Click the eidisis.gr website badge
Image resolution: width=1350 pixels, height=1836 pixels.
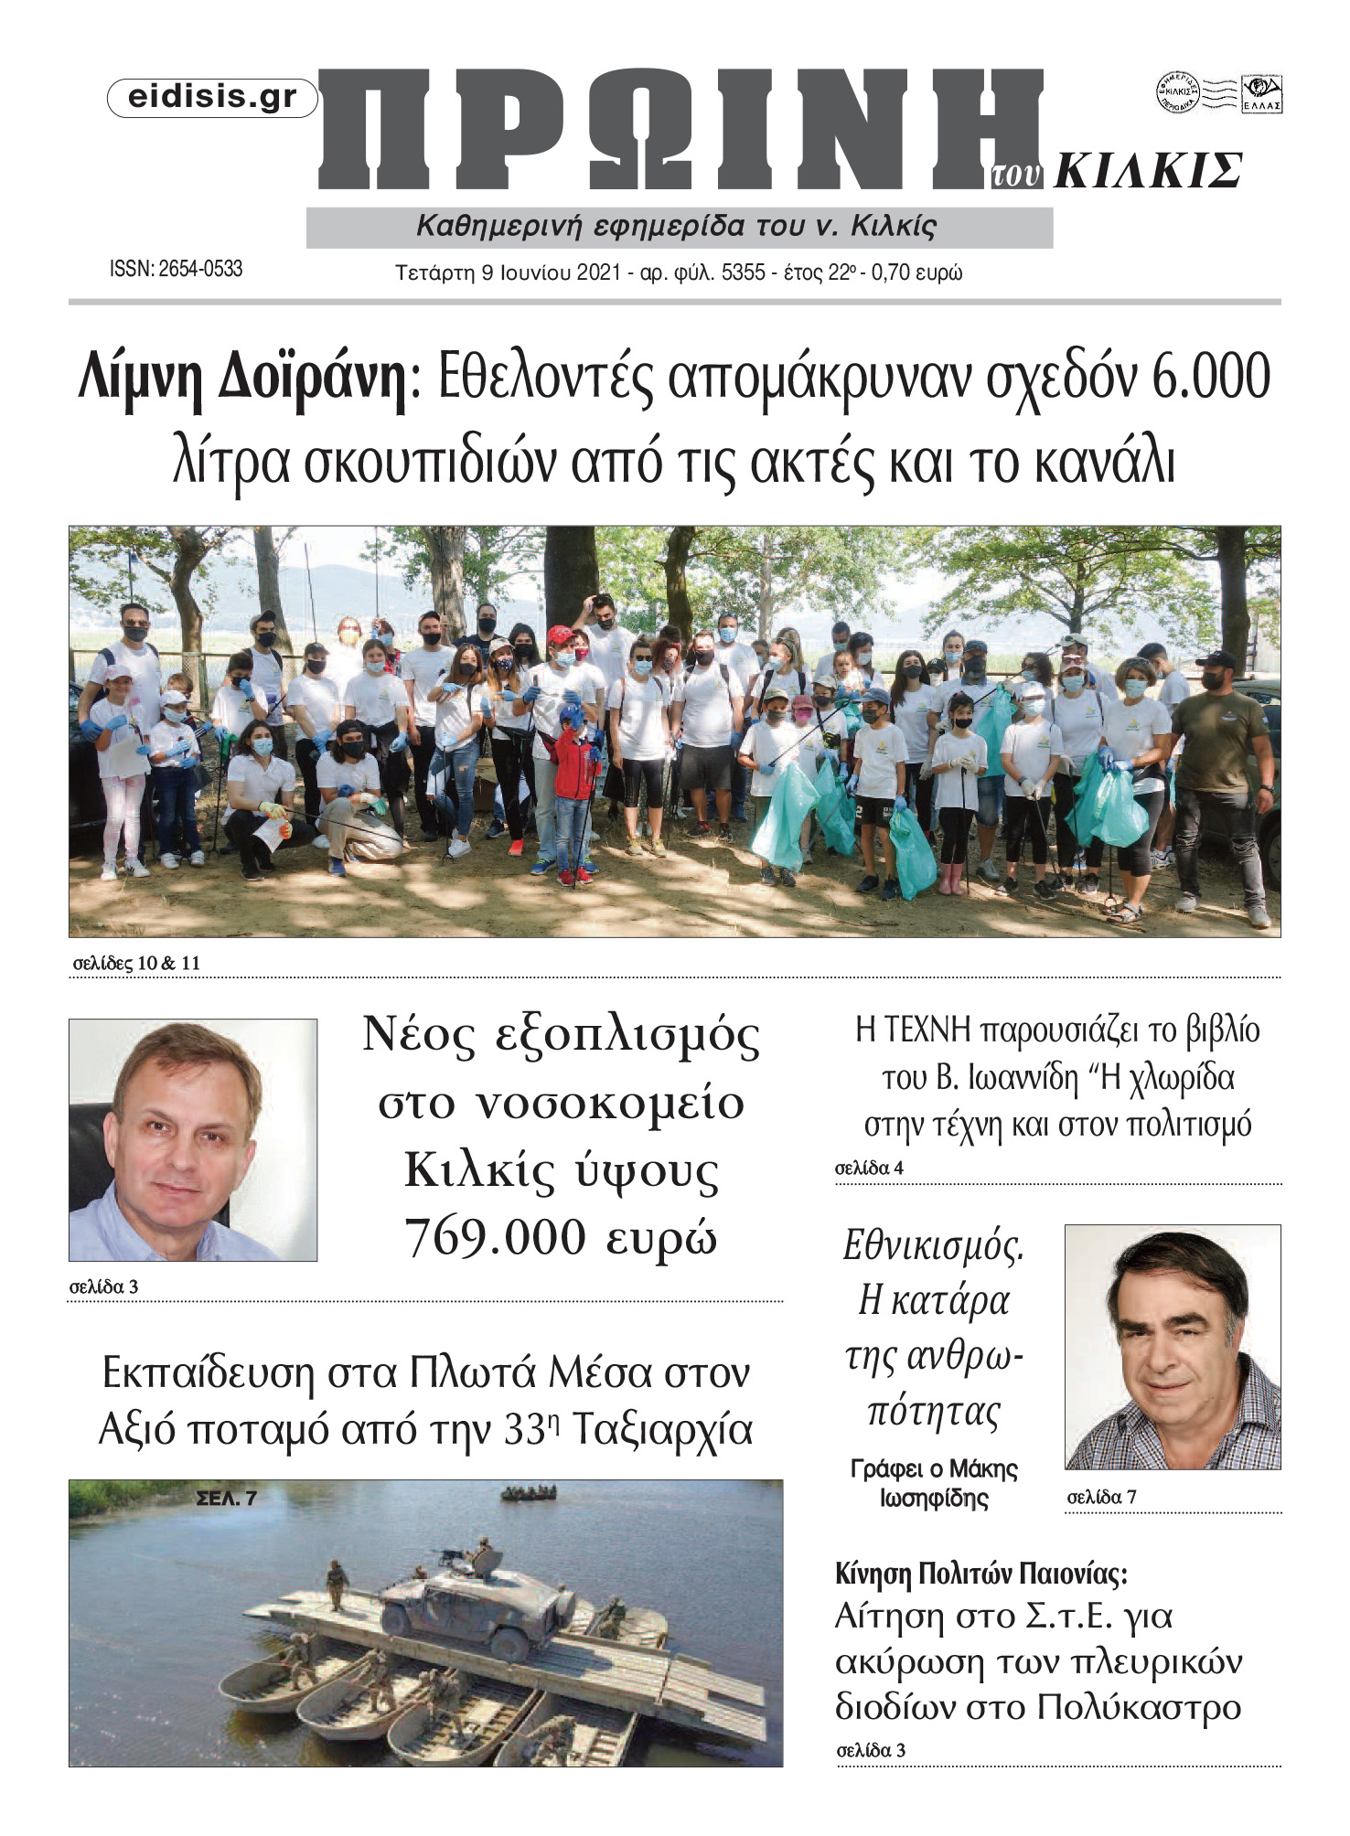click(212, 98)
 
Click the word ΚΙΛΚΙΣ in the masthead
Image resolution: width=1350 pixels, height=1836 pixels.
click(1149, 171)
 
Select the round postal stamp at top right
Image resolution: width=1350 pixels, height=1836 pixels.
click(1178, 92)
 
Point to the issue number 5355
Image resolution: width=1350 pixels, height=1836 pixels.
click(743, 272)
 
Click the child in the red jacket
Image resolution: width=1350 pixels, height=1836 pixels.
click(573, 778)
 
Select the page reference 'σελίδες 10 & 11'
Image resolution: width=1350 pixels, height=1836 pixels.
click(136, 963)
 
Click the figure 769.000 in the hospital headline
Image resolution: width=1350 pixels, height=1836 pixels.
click(495, 1237)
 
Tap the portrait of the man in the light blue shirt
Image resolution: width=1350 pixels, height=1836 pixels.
click(193, 1140)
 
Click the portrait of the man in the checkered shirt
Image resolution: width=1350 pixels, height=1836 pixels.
click(1173, 1346)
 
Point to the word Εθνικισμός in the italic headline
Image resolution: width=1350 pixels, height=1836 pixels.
click(933, 1245)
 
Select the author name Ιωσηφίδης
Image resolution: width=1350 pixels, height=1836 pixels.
click(934, 1499)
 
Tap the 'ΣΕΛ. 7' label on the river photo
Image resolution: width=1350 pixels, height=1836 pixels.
click(226, 1498)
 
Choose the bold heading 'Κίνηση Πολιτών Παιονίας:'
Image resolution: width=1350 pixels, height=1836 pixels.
click(981, 1574)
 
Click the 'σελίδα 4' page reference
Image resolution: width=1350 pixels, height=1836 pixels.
click(869, 1168)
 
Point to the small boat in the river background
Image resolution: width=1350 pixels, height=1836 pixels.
click(529, 1493)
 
